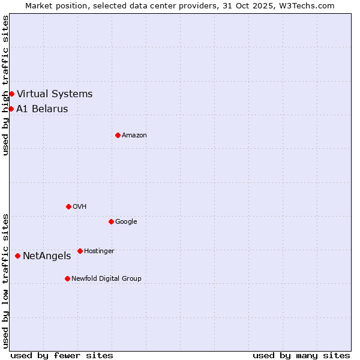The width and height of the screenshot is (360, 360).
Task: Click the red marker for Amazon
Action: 118,135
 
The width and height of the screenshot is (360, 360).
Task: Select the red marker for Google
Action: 111,221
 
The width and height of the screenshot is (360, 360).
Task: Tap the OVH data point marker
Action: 68,206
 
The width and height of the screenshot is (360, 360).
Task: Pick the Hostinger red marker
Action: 80,251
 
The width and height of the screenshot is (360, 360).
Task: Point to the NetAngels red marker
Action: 17,256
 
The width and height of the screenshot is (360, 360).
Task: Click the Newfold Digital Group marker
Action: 67,278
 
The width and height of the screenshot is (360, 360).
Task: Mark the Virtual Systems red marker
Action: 11,94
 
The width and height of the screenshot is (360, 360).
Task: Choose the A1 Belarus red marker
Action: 11,109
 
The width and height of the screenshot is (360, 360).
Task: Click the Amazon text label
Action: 134,136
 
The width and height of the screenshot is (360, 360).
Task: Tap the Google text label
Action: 126,222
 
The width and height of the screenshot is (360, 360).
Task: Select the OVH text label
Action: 80,207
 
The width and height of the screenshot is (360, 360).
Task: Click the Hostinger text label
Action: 99,251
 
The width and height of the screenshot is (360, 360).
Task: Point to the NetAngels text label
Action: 47,256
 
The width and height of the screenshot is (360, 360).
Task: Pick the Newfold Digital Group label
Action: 106,279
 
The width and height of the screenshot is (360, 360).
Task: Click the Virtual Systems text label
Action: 55,94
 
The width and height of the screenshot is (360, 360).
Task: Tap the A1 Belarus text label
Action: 42,109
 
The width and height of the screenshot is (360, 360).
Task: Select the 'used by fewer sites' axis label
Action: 62,355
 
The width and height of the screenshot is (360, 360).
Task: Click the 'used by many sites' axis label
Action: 301,355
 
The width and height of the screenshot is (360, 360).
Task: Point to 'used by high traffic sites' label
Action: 5,85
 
